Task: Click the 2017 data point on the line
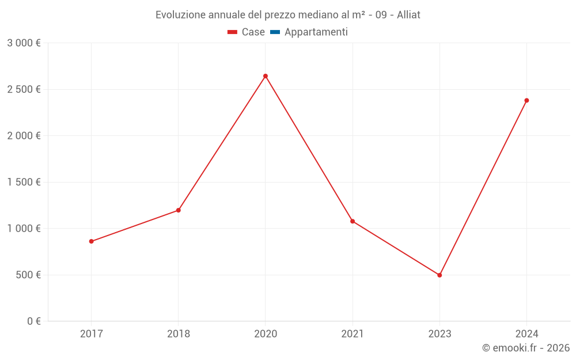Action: pyautogui.click(x=91, y=241)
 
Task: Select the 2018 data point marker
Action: pyautogui.click(x=179, y=210)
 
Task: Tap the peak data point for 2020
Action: pyautogui.click(x=266, y=76)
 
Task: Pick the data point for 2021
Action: pyautogui.click(x=353, y=221)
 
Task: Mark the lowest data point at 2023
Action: pyautogui.click(x=439, y=275)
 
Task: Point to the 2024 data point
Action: pyautogui.click(x=526, y=100)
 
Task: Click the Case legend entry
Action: pyautogui.click(x=253, y=32)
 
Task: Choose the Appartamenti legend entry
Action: pyautogui.click(x=316, y=32)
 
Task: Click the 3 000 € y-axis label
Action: pyautogui.click(x=24, y=43)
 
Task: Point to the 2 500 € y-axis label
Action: pyautogui.click(x=24, y=89)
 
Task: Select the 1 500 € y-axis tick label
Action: pyautogui.click(x=24, y=182)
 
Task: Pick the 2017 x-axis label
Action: pyautogui.click(x=91, y=334)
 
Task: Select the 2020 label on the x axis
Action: pyautogui.click(x=266, y=334)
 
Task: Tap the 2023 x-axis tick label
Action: pyautogui.click(x=439, y=334)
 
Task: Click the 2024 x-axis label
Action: pyautogui.click(x=526, y=334)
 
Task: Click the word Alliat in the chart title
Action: pyautogui.click(x=408, y=15)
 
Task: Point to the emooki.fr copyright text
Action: pyautogui.click(x=526, y=348)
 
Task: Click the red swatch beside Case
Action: pyautogui.click(x=233, y=32)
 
